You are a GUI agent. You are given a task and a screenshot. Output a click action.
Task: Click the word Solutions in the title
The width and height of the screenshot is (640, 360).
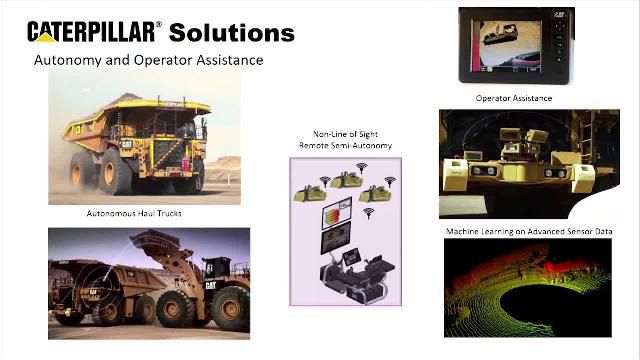pos(231,32)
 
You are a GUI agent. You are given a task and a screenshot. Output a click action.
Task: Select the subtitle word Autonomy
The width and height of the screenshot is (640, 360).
pos(66,61)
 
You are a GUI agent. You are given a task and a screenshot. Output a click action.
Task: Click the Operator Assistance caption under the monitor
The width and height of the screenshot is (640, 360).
pos(513,98)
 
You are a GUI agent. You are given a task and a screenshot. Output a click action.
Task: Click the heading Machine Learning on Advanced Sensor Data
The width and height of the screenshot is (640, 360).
pos(529,232)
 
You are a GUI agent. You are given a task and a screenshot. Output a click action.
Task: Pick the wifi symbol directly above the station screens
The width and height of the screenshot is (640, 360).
pos(369,212)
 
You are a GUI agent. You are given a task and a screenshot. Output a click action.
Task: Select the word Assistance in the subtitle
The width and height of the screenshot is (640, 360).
pos(221,61)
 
